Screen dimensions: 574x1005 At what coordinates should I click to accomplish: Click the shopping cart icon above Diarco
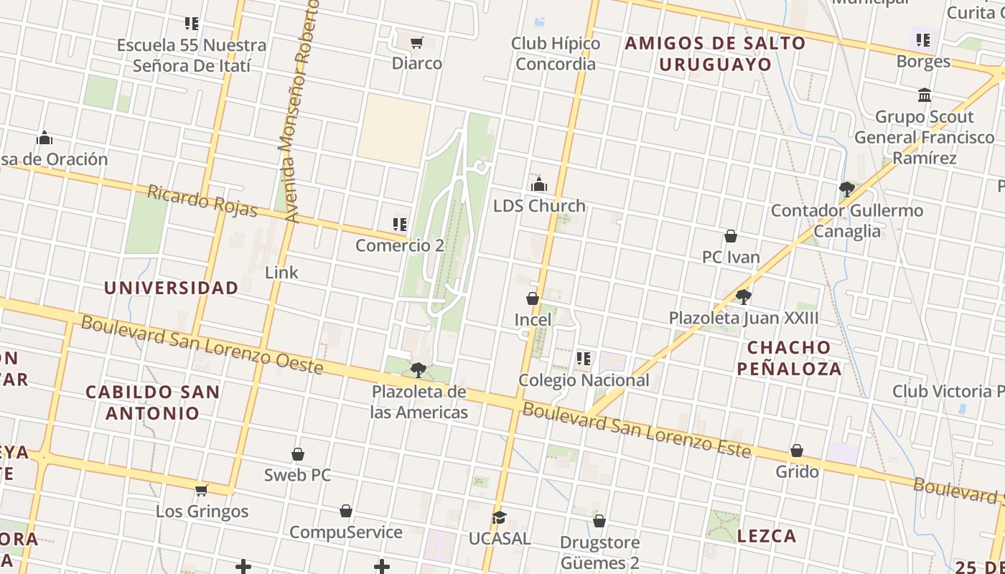click(x=417, y=42)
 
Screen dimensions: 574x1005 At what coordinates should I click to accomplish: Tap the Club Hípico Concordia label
click(x=556, y=54)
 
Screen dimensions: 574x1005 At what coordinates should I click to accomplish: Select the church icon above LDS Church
click(x=539, y=185)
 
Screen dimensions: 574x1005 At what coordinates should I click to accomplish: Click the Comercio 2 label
click(x=400, y=245)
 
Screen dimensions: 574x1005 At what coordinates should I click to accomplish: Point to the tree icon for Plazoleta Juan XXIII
click(x=744, y=296)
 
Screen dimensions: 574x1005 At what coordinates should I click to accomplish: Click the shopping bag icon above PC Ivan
click(x=731, y=236)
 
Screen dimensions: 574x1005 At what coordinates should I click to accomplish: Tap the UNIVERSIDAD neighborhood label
click(x=171, y=288)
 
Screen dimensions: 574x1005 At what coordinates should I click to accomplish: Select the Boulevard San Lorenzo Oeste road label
click(x=202, y=344)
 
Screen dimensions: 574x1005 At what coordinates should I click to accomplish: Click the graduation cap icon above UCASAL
click(x=499, y=517)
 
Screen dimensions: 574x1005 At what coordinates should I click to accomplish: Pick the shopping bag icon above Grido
click(x=797, y=451)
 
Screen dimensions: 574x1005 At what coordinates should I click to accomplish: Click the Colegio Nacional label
click(x=584, y=380)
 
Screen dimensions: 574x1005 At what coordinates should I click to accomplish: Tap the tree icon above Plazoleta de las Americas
click(x=419, y=370)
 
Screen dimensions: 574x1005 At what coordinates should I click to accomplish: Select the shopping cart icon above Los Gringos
click(x=202, y=491)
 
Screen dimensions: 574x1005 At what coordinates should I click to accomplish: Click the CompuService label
click(x=345, y=532)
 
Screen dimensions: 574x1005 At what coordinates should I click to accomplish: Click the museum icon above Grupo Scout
click(x=925, y=95)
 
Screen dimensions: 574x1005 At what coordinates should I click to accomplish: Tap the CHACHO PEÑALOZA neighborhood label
click(x=794, y=358)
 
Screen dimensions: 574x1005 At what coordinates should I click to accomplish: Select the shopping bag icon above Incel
click(x=533, y=298)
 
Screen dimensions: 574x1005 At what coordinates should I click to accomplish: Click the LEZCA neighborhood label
click(x=767, y=536)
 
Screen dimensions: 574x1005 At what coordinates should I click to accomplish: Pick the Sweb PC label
click(x=296, y=475)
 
